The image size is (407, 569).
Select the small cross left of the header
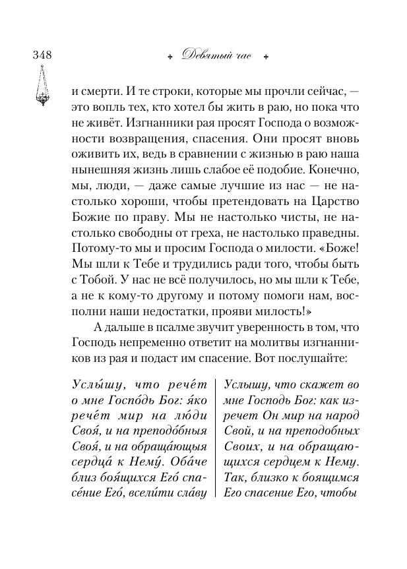170,57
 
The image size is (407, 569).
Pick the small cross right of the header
266,57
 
